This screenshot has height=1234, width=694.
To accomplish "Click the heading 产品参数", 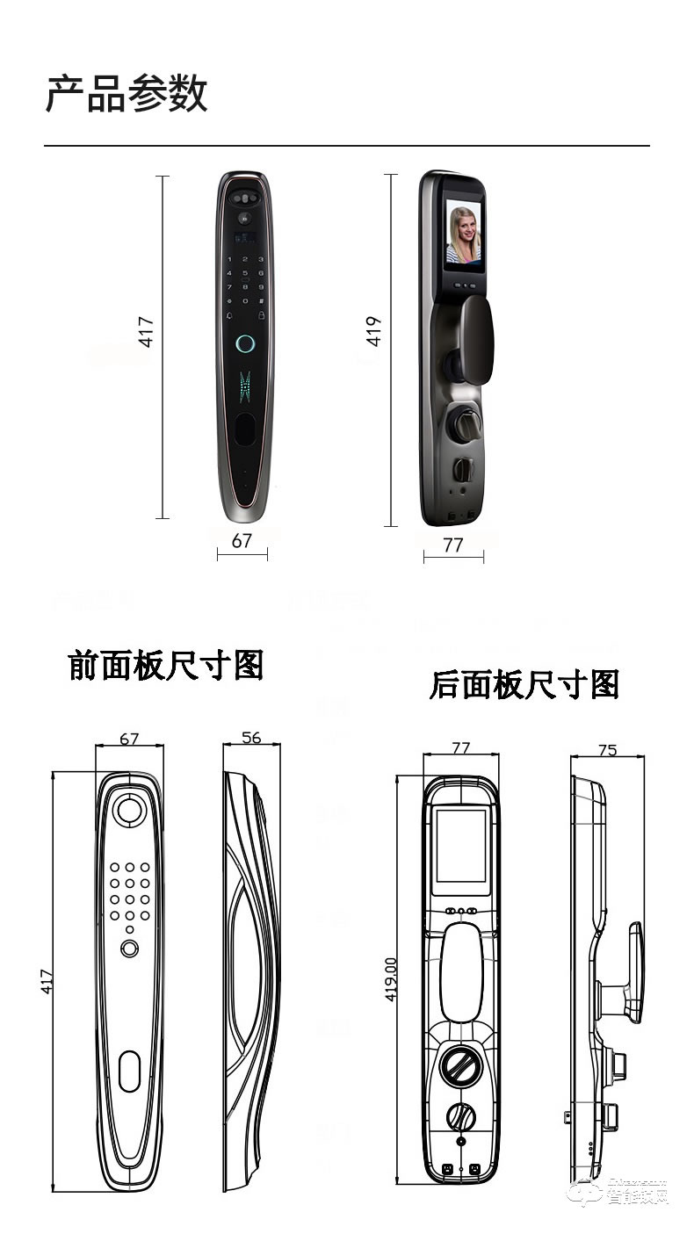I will pos(127,94).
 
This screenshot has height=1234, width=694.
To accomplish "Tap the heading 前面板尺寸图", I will pos(166,665).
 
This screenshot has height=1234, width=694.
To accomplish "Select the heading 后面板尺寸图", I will pos(524,684).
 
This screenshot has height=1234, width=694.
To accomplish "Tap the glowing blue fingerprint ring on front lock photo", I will pos(246,345).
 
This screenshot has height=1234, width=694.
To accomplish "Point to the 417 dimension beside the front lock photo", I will pos(147,331).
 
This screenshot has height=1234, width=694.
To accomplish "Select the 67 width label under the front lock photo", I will pos(242,541).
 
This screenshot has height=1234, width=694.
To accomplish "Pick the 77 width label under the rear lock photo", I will pos(452,545).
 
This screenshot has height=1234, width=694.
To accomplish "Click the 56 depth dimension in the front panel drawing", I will pos(251,737).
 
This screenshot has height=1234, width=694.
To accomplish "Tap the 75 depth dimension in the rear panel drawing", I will pos(607,749).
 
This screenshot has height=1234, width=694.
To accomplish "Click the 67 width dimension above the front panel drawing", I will pos(129,739).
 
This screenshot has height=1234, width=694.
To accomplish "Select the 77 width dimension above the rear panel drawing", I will pos(461,747).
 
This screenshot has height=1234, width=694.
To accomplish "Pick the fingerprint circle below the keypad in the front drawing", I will pos(130,949).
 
